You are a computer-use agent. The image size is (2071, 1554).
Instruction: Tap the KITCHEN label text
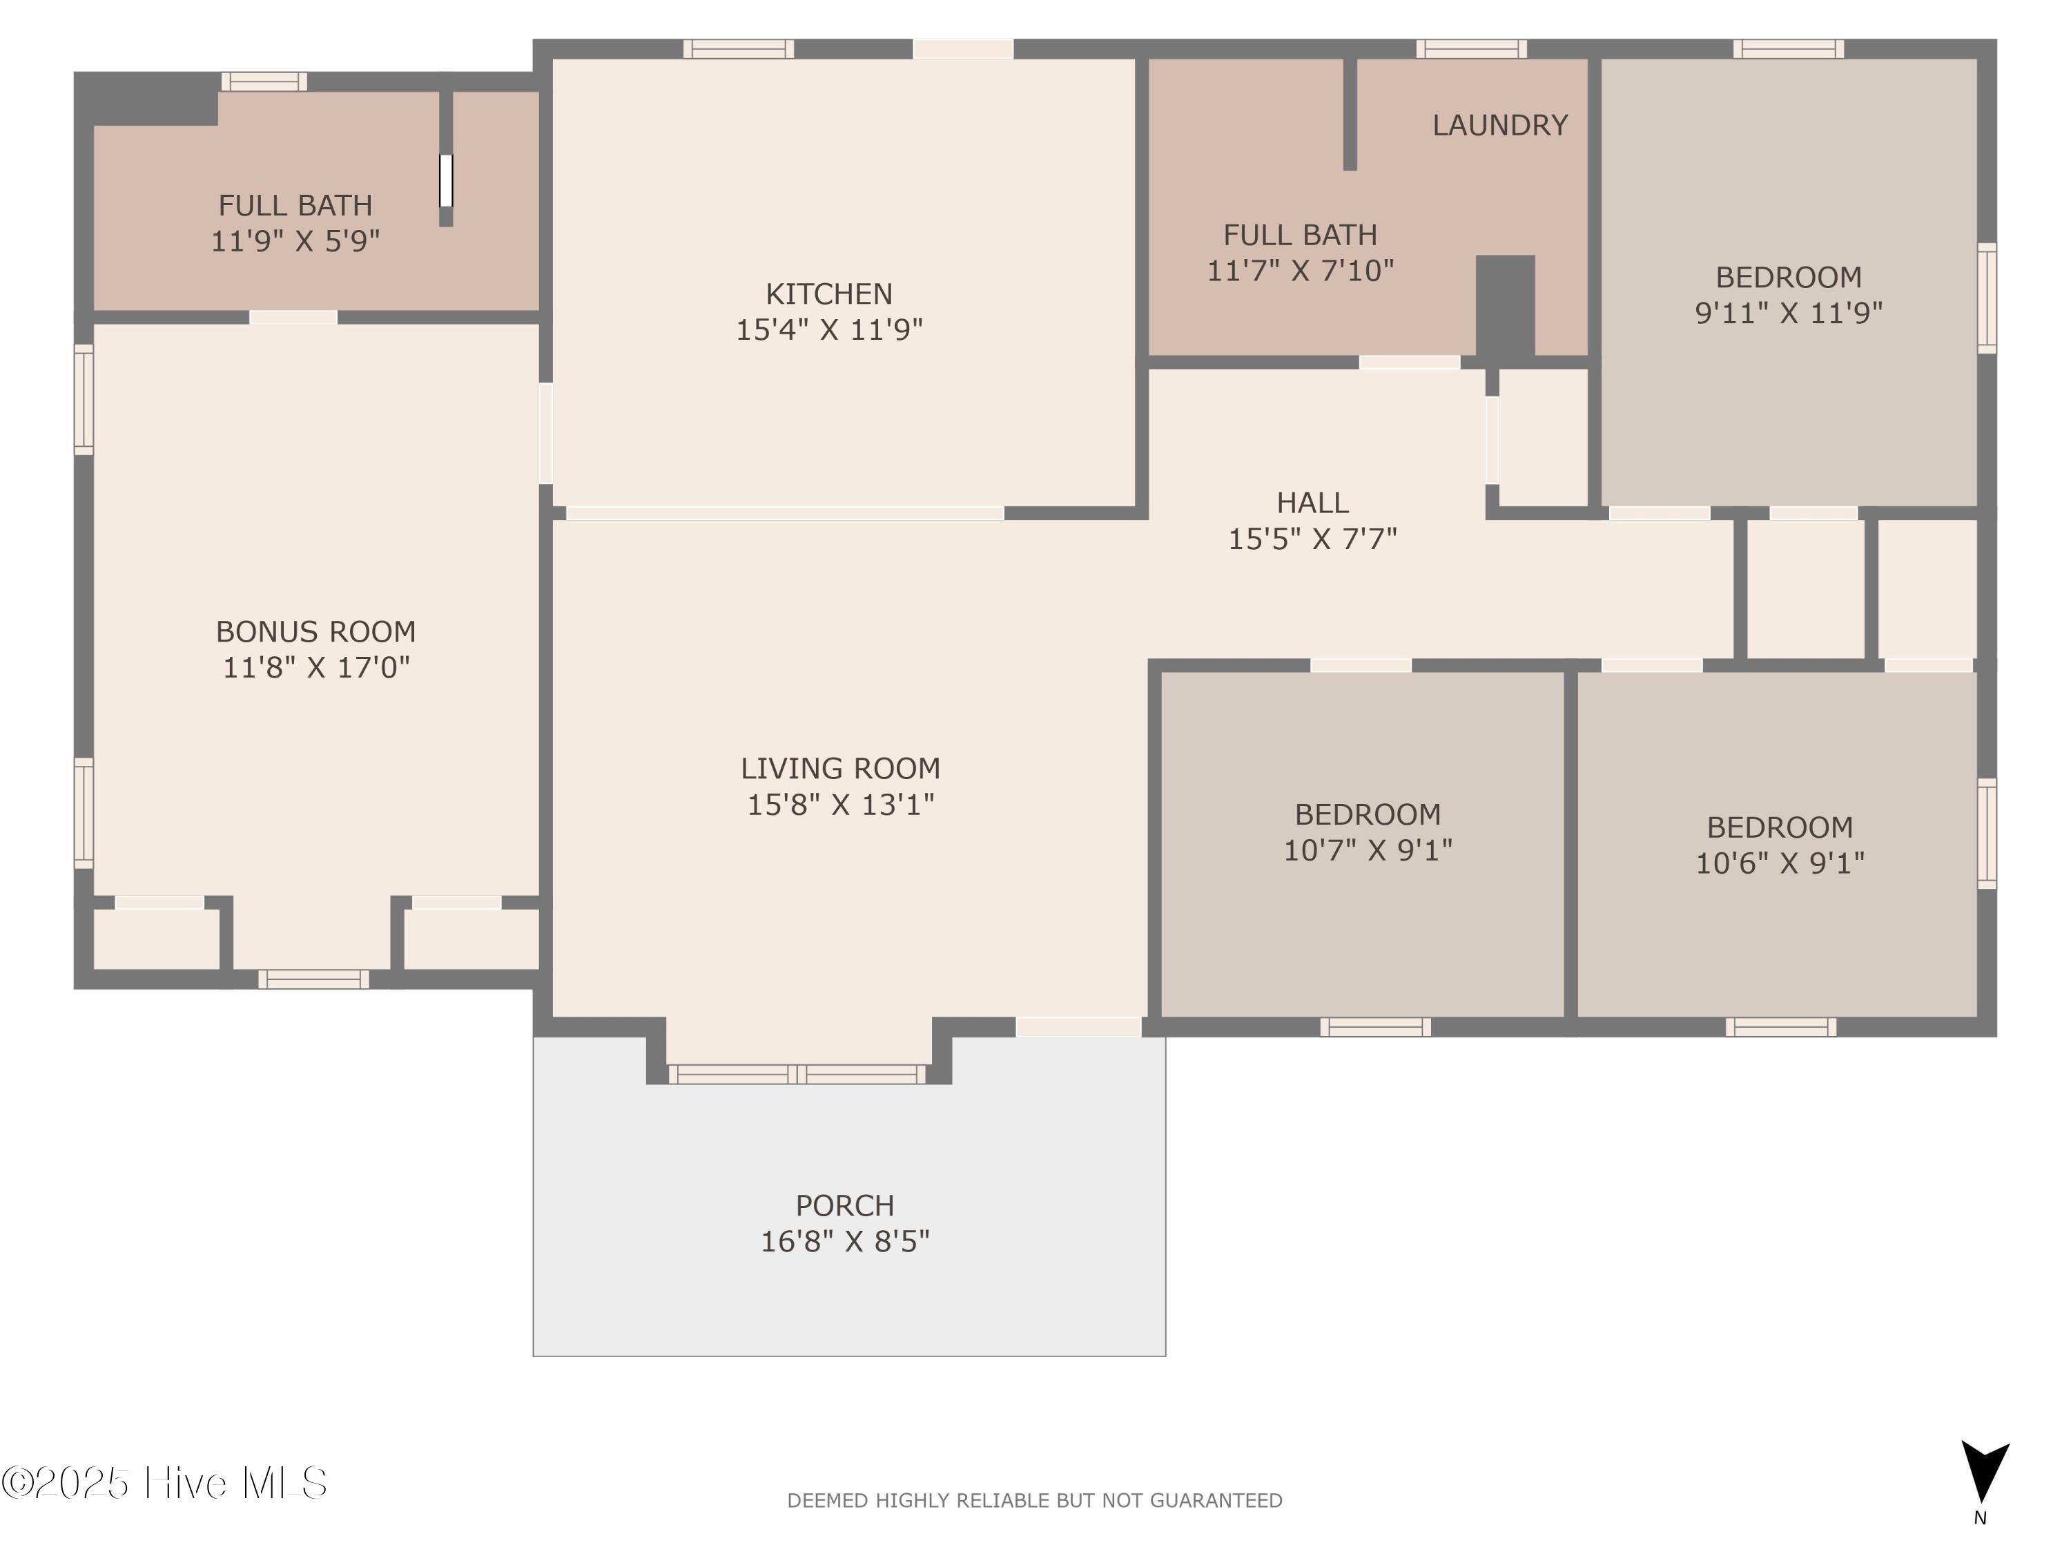pos(828,294)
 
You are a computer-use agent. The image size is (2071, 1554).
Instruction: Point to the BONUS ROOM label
pos(315,631)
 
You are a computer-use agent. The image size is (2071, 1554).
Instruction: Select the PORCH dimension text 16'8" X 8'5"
pos(844,1241)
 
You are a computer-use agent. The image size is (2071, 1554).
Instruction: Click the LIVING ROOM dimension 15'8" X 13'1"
pos(840,805)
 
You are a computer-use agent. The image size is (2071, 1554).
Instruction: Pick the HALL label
pos(1312,503)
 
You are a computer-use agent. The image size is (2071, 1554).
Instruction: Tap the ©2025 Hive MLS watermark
pos(165,1483)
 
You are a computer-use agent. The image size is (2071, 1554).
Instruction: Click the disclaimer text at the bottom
pos(1035,1501)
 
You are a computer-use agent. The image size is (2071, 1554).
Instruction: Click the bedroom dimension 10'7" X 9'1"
pos(1367,850)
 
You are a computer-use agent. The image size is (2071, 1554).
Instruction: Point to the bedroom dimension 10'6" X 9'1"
pos(1780,863)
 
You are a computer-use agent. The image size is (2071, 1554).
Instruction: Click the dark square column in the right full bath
pos(1506,305)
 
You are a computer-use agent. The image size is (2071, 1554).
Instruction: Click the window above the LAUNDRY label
pos(1471,49)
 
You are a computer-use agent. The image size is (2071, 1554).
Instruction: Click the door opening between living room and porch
pos(1078,1026)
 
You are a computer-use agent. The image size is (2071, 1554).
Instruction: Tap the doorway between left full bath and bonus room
pos(293,318)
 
